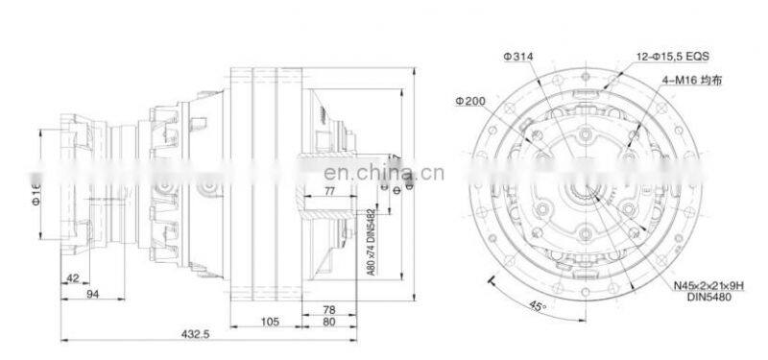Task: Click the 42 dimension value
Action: (x=72, y=278)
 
